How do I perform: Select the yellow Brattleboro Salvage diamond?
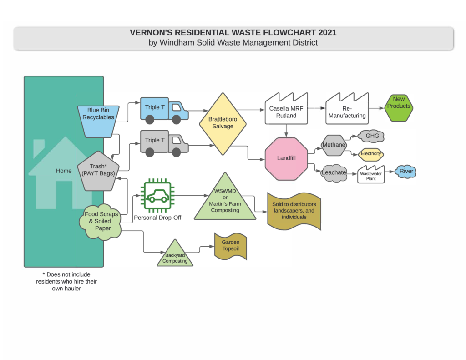223,123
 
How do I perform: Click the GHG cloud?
371,136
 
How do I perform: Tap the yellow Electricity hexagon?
371,154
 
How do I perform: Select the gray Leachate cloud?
334,173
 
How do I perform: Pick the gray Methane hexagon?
334,145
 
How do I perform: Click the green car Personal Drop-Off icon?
157,196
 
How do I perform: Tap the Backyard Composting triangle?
175,255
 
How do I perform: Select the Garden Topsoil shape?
230,246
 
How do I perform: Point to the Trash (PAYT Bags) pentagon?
98,170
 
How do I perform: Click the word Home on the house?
64,171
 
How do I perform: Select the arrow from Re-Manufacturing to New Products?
375,109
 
